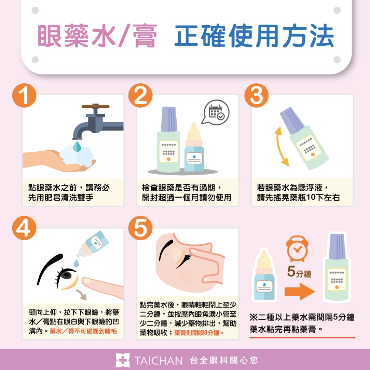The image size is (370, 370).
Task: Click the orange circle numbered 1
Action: (x=24, y=95)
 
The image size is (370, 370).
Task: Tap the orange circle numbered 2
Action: (x=140, y=95)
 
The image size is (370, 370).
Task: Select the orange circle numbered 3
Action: (x=257, y=95)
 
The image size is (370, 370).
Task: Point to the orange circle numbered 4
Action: (x=24, y=228)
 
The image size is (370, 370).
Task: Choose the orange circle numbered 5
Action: (x=140, y=228)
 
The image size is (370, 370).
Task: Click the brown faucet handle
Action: (x=95, y=106)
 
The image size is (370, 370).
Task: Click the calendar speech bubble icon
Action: (x=216, y=112)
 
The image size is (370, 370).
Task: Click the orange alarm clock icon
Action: (x=297, y=249)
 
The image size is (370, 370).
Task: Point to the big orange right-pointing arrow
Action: (x=300, y=292)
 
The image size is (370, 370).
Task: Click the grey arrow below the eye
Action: (x=81, y=295)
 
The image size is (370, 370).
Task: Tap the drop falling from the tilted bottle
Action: (x=76, y=263)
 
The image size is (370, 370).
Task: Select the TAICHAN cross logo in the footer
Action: (x=123, y=360)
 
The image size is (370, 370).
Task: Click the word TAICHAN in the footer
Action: (x=158, y=360)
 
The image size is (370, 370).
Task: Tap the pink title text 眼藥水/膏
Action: (x=97, y=36)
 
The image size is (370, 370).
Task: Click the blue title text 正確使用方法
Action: (x=254, y=36)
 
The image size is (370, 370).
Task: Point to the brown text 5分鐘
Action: (x=299, y=272)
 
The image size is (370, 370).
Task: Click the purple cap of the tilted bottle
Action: (x=292, y=120)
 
